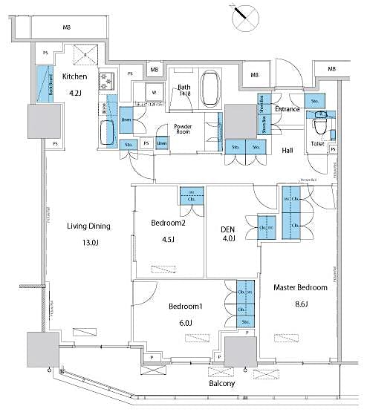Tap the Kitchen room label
76,76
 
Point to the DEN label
228,229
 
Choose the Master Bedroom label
301,287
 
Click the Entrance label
288,109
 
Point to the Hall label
287,150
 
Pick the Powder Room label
183,130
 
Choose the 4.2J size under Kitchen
75,94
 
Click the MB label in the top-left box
66,27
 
